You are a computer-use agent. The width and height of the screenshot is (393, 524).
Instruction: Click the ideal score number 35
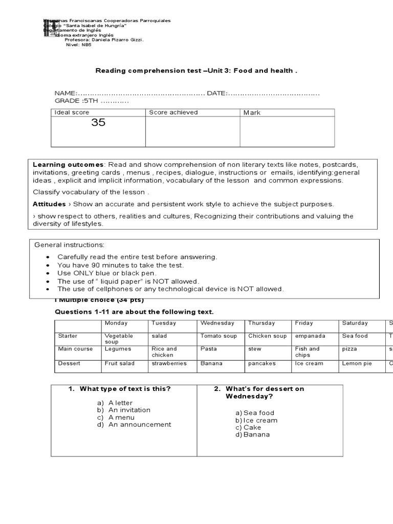98,123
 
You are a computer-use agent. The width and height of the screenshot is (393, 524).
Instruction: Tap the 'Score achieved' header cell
173,113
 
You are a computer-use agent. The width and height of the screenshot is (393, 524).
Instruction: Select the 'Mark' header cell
252,113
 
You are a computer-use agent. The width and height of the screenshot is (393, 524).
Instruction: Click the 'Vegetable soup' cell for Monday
119,339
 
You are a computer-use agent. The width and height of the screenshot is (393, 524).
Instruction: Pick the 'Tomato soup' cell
219,336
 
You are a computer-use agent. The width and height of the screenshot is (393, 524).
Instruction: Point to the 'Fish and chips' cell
307,352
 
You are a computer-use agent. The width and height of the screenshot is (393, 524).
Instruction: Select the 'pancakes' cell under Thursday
262,363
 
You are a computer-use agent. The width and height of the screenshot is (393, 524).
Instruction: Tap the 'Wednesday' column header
217,323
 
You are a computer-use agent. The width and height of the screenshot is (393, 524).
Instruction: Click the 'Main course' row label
75,349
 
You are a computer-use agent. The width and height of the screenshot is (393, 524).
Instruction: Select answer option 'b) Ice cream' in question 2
256,420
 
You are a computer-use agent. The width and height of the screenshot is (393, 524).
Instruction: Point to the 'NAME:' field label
65,93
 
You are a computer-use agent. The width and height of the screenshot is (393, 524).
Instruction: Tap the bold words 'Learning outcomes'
68,165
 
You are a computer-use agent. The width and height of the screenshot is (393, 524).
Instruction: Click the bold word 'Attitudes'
49,204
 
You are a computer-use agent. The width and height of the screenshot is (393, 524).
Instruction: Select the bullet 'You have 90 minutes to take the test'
120,265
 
